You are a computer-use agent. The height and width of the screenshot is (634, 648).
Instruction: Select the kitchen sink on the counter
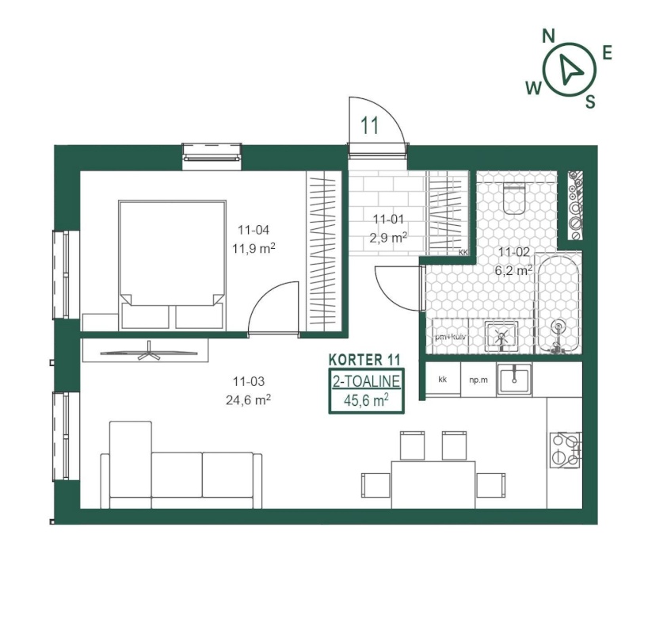514,378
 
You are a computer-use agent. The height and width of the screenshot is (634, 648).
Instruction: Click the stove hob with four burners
566,450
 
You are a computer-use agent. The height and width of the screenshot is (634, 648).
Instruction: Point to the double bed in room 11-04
173,265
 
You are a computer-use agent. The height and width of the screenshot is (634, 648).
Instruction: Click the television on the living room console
149,352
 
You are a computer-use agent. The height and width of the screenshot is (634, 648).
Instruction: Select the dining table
433,485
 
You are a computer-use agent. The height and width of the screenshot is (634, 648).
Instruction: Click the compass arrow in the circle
570,68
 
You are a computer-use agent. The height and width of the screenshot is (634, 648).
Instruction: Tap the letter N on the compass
548,36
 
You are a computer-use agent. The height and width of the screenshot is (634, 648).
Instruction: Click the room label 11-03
249,381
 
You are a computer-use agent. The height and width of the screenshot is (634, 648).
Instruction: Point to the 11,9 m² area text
253,249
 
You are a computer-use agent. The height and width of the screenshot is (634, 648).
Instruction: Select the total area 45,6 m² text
366,400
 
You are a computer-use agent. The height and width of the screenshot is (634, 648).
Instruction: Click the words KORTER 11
365,360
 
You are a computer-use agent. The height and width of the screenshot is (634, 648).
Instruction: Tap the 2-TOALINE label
367,381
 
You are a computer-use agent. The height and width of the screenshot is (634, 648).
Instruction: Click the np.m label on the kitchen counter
478,380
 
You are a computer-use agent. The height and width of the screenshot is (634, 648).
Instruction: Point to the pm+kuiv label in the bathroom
451,337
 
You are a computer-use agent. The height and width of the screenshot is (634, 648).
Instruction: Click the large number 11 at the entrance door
370,125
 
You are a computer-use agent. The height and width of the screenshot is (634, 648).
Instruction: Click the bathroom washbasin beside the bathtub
501,335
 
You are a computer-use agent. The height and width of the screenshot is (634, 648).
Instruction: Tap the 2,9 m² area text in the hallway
388,238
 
